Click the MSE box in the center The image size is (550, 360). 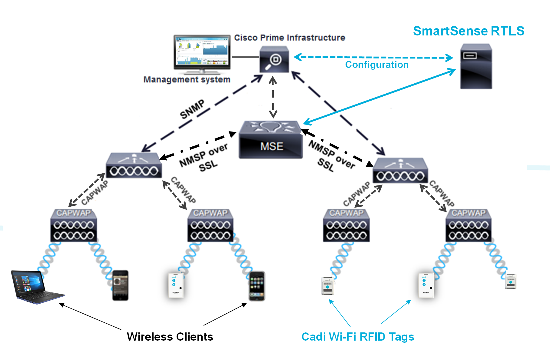(x=271, y=140)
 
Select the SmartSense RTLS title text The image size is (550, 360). (x=469, y=31)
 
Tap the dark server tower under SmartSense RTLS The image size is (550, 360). (x=476, y=66)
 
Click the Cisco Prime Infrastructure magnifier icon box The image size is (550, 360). (x=274, y=59)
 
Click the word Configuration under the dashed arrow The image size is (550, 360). (x=377, y=65)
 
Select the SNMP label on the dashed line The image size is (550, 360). (x=192, y=109)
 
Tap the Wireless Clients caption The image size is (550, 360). (x=170, y=337)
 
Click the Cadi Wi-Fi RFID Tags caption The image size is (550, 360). (x=358, y=337)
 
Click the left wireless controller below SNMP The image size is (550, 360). (x=134, y=166)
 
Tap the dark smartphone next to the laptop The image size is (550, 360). (x=120, y=285)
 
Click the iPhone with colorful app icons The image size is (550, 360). (x=257, y=286)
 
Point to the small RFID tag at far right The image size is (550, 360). (x=511, y=282)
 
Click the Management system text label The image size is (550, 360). (x=187, y=79)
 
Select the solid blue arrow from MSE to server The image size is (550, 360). (x=379, y=96)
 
